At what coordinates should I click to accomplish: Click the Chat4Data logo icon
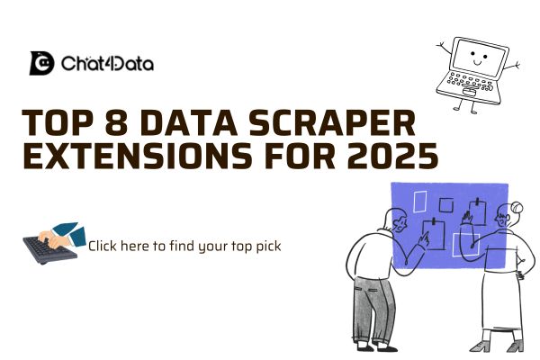pos(42,64)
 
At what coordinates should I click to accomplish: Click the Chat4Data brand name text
pos(107,64)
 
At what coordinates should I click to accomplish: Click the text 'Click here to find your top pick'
pos(184,245)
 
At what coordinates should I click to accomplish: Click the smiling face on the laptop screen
pos(476,58)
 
